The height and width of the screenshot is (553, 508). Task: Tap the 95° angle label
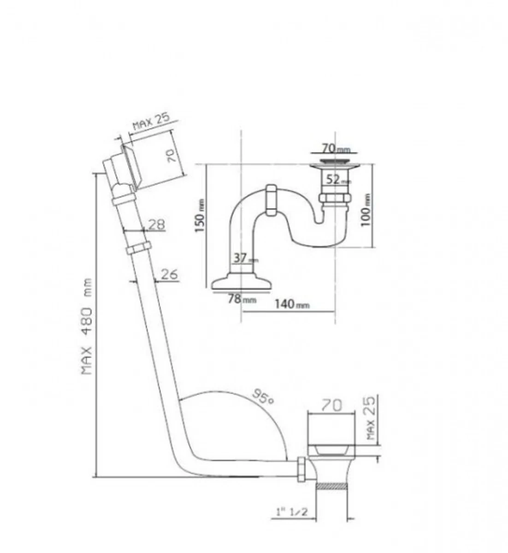pyautogui.click(x=263, y=396)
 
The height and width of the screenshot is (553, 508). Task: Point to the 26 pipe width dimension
pyautogui.click(x=169, y=274)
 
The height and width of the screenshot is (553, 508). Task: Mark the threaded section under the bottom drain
pyautogui.click(x=331, y=486)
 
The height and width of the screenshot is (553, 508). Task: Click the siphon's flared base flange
pyautogui.click(x=240, y=282)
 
